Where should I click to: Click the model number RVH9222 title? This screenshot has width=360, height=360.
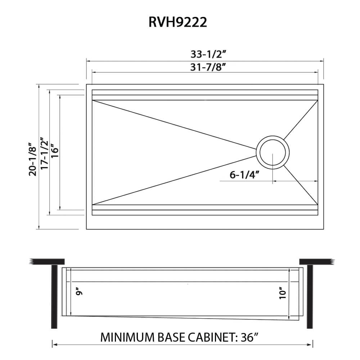click(177, 22)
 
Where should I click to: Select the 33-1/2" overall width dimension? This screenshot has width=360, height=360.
click(208, 54)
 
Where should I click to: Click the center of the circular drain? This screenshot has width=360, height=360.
click(273, 153)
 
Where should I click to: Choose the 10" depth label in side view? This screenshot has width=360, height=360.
click(283, 293)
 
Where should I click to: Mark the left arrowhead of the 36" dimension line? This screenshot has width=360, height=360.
click(54, 345)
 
